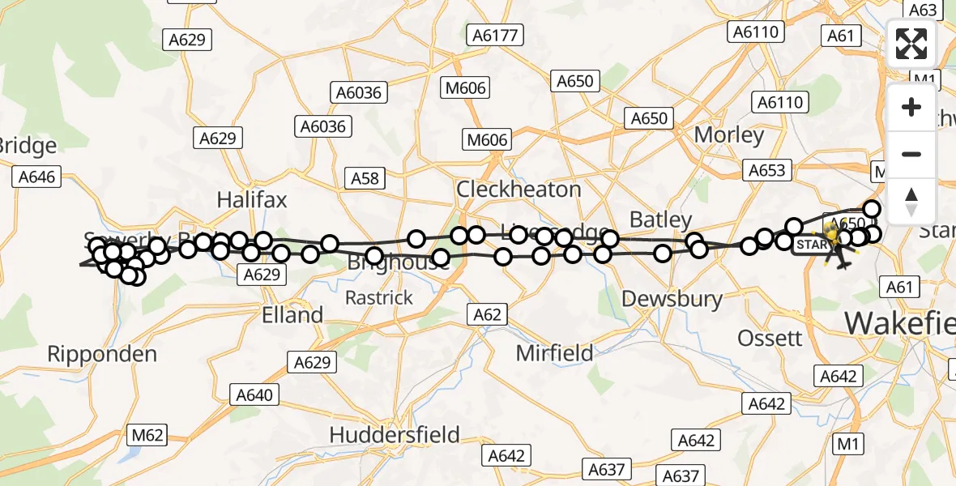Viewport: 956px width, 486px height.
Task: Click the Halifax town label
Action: pos(252,200)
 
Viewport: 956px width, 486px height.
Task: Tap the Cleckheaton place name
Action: pos(519,190)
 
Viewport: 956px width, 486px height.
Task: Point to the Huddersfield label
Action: pos(395,435)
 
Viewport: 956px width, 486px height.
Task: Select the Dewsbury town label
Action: pos(672,299)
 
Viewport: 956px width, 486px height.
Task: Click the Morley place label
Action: pos(729,134)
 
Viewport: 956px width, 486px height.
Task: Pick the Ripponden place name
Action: pos(102,354)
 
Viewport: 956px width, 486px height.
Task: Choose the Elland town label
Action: pos(292,314)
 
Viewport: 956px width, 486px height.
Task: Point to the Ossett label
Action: pos(770,338)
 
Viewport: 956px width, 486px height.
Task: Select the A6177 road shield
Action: pos(496,35)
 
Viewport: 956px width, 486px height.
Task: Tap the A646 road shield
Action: pos(36,177)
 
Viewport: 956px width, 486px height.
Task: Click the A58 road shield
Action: pos(366,177)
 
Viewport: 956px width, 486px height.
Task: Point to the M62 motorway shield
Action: pos(147,435)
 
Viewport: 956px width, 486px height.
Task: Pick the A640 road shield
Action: pos(255,395)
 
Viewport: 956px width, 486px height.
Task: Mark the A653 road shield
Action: pos(766,170)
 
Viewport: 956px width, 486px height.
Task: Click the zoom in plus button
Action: pos(911,107)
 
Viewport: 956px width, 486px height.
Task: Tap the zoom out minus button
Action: pos(911,154)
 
